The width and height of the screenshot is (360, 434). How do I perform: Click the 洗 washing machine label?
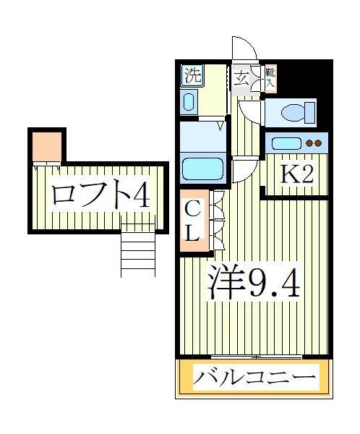pyautogui.click(x=192, y=75)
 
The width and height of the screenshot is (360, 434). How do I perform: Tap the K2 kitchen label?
pyautogui.click(x=297, y=174)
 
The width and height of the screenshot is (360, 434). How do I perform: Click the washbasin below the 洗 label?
pyautogui.click(x=189, y=101)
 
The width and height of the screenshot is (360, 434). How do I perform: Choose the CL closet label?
pyautogui.click(x=193, y=221)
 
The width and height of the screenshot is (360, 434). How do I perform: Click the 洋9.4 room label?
pyautogui.click(x=253, y=281)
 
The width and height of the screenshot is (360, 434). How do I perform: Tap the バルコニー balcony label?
pyautogui.click(x=254, y=378)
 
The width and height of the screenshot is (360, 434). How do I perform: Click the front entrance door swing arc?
pyautogui.click(x=244, y=48)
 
